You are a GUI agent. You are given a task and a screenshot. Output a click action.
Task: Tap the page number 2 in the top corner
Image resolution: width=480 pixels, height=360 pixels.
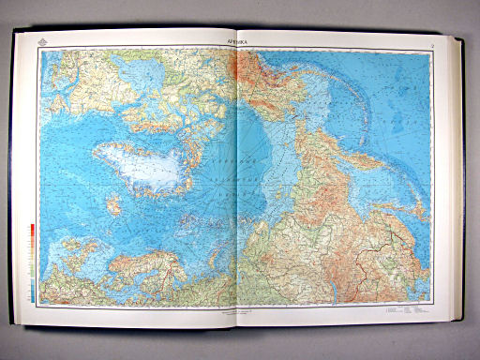click(x=430, y=43)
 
